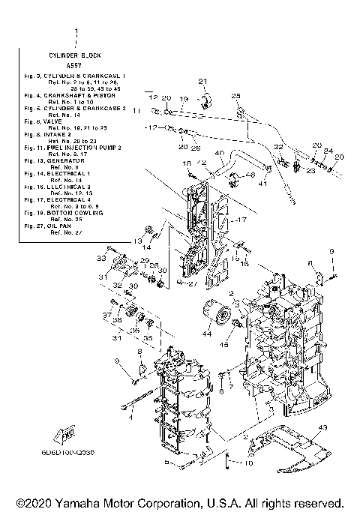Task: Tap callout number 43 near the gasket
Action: click(x=322, y=427)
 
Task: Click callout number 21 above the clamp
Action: click(x=202, y=81)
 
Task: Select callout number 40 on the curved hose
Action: click(x=220, y=153)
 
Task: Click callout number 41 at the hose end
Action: click(x=262, y=183)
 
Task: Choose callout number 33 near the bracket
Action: click(x=100, y=257)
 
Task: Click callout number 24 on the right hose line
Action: click(x=328, y=149)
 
